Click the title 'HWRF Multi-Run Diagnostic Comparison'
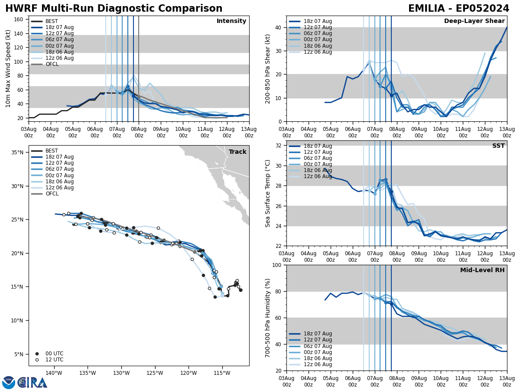(114, 9)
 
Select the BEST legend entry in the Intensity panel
(52, 21)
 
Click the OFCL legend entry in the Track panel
(52, 194)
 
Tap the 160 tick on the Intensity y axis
(19, 19)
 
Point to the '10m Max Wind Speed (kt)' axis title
(8, 68)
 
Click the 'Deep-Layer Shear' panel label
(474, 21)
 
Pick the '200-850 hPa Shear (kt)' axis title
(268, 68)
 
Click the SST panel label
(498, 146)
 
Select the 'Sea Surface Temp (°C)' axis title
(268, 193)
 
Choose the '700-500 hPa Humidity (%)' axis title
(268, 318)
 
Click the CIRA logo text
(32, 383)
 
